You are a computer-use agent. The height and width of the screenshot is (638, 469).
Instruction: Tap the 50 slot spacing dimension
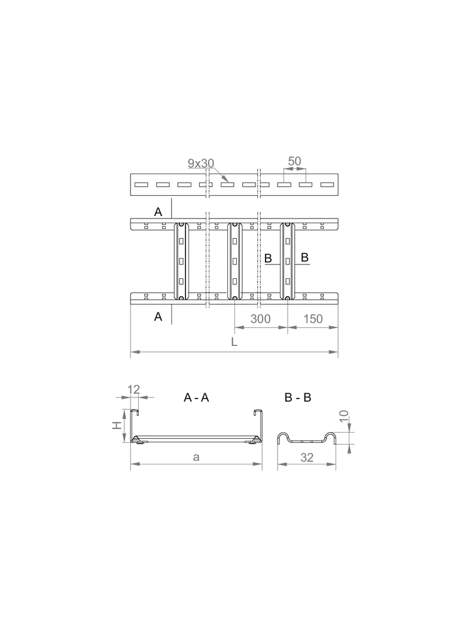coord(294,161)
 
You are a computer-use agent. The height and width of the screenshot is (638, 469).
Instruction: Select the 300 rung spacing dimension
coord(261,318)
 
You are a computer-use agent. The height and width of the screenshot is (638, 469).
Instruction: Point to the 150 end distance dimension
coord(312,318)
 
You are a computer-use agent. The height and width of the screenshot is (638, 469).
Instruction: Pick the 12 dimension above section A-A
coord(133,390)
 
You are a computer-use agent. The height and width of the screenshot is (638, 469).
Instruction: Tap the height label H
coord(118,426)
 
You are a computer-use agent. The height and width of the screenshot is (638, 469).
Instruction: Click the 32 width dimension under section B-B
coord(307,458)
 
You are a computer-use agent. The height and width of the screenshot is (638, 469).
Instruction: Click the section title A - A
coord(196,397)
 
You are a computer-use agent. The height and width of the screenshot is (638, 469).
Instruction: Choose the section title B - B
coord(298,397)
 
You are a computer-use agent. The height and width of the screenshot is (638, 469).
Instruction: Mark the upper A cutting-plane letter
coord(158,211)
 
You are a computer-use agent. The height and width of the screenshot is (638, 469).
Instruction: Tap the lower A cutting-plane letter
coord(158,317)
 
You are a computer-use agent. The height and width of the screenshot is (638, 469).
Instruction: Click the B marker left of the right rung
coord(269,258)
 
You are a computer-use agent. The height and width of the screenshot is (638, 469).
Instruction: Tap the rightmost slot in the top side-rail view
coord(327,185)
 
